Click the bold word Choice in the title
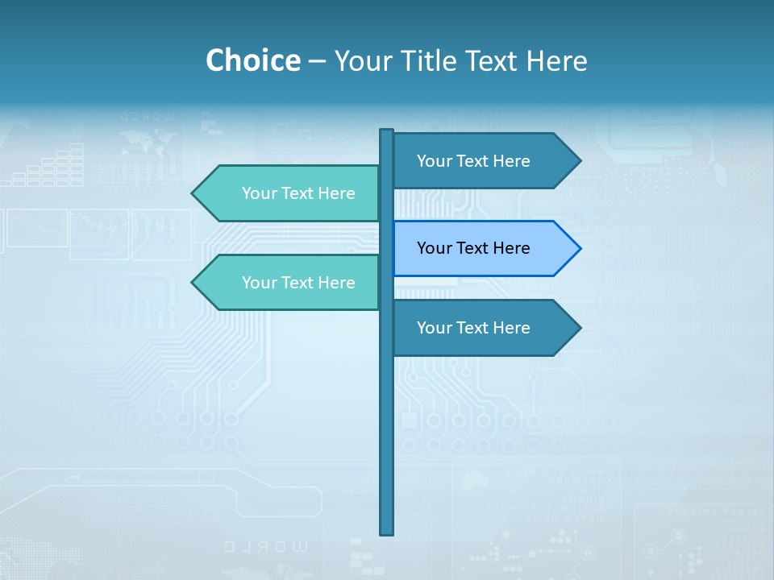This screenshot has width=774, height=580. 252,60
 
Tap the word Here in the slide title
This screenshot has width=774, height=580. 556,60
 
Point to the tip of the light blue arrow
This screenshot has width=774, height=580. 579,248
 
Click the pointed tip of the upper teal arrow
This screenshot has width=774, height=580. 193,193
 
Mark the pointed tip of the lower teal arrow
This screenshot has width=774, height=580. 193,283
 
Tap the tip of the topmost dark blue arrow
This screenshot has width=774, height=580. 579,161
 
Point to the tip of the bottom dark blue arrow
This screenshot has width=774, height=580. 579,328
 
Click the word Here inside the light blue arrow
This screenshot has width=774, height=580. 510,248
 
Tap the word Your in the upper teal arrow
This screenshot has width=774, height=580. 259,193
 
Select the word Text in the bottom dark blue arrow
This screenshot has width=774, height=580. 472,328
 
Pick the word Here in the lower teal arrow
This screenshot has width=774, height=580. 335,283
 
